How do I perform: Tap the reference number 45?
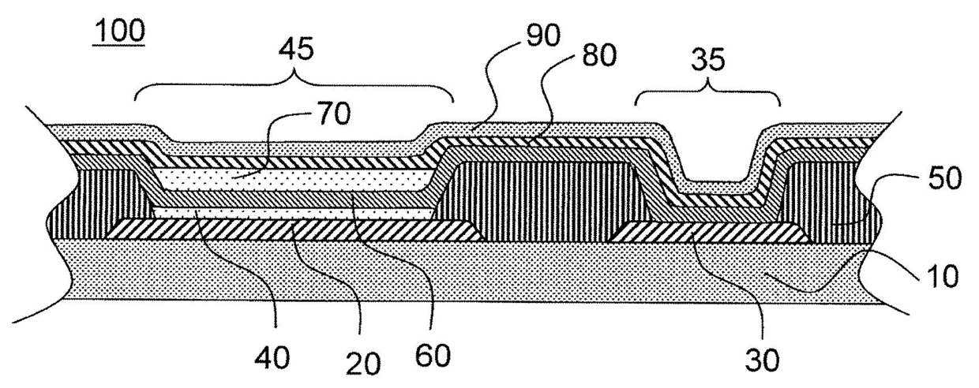[x=295, y=50]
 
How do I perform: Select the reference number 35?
[x=708, y=62]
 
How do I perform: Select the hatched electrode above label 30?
[x=711, y=231]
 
